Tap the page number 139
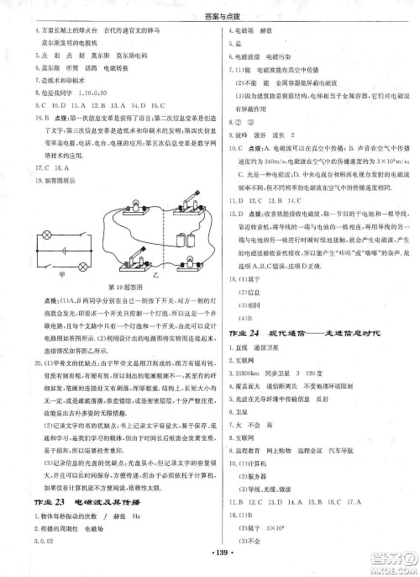pos(210,560)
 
